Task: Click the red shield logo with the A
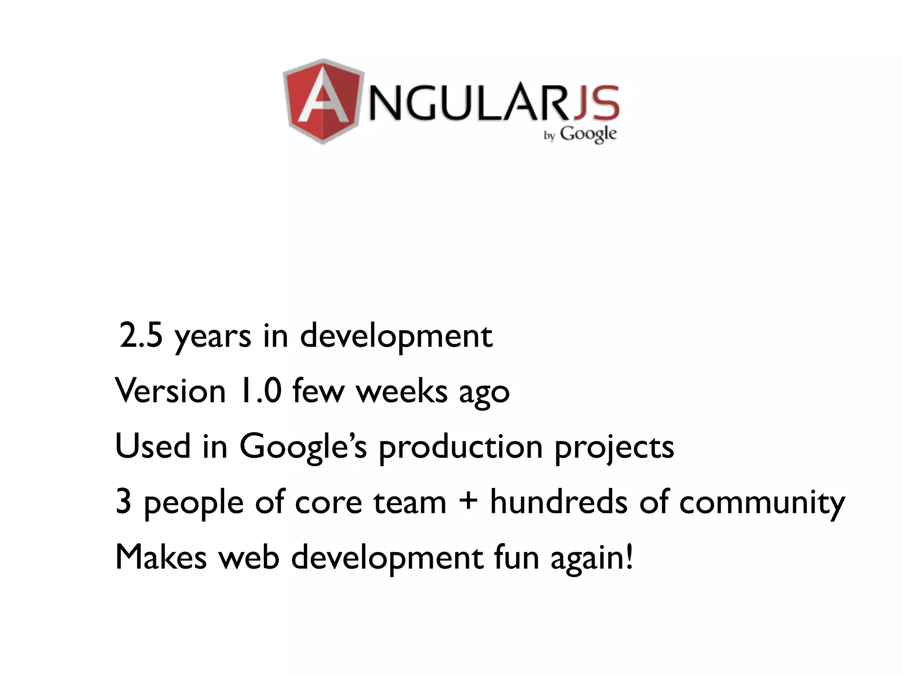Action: [324, 101]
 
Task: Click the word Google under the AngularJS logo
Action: [588, 134]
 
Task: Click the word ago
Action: [484, 393]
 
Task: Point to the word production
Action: [460, 448]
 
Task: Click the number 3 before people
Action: [123, 502]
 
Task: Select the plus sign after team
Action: [468, 502]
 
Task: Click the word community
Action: [762, 503]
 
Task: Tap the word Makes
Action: [161, 557]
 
